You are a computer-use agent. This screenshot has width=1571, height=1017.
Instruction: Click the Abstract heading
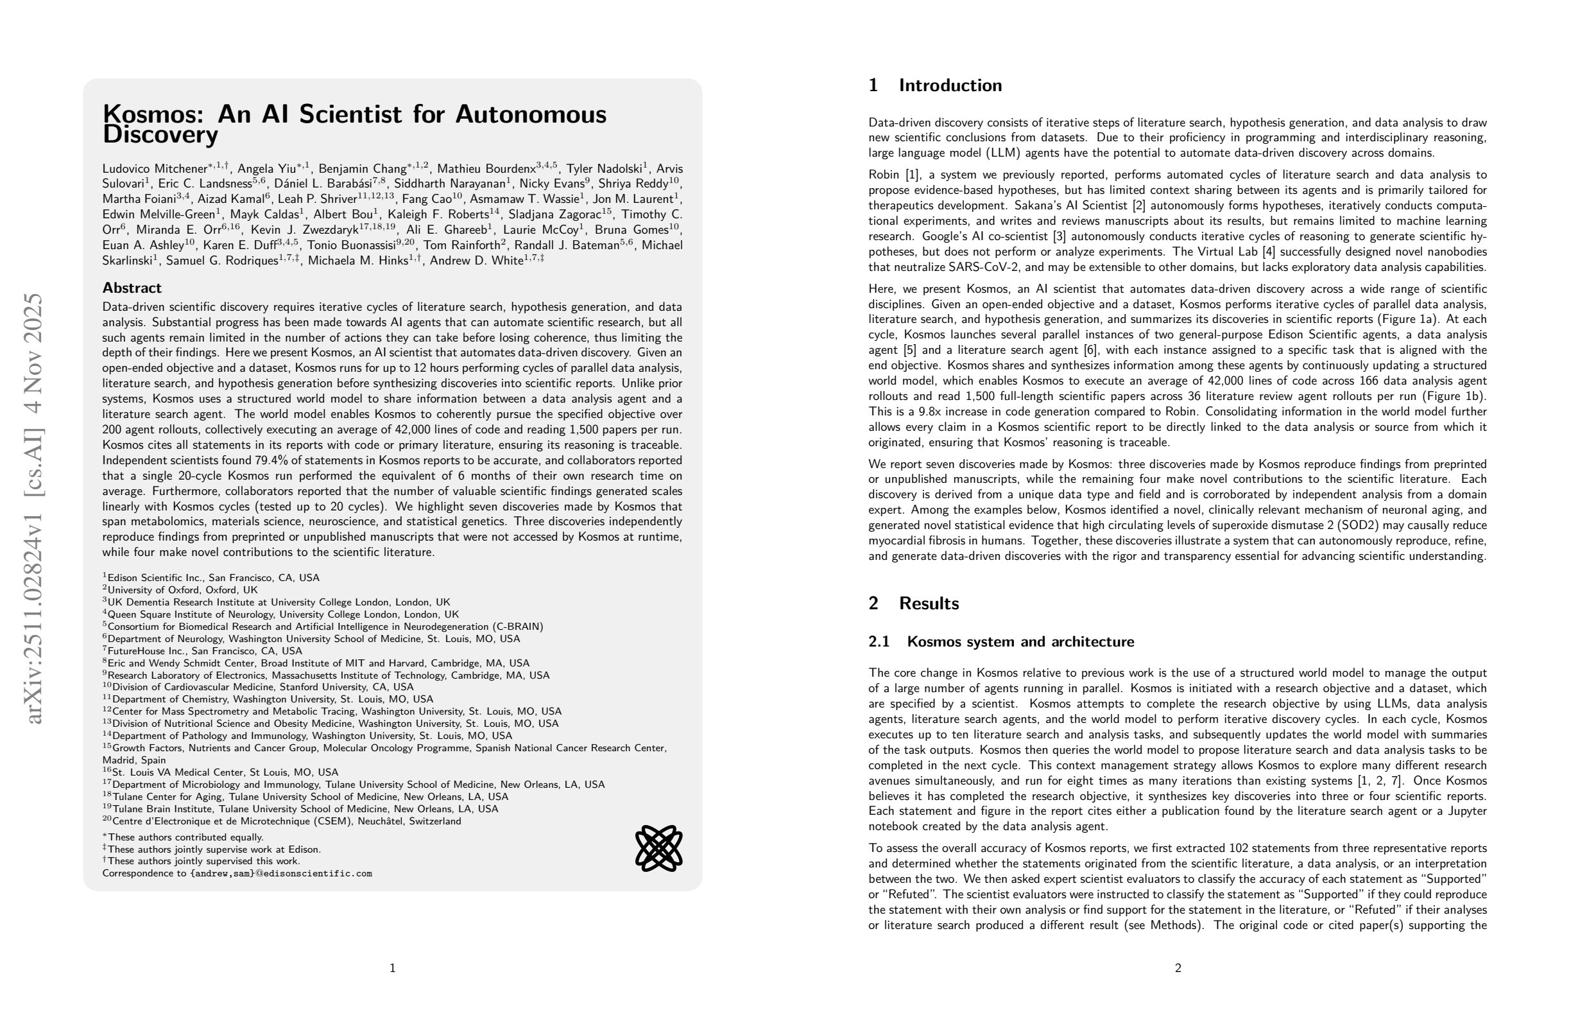click(132, 288)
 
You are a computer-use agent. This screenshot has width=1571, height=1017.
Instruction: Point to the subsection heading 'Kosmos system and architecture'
click(1020, 642)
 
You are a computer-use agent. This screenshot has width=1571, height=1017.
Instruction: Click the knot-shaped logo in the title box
click(658, 848)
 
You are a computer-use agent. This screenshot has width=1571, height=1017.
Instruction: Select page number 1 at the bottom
click(393, 968)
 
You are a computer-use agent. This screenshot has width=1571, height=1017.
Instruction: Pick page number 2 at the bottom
click(1178, 968)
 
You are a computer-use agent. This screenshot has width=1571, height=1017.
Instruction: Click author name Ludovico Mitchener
click(155, 169)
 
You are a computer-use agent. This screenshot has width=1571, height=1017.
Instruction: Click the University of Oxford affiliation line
click(182, 590)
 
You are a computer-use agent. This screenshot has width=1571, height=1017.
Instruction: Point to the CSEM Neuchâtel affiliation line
click(286, 822)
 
